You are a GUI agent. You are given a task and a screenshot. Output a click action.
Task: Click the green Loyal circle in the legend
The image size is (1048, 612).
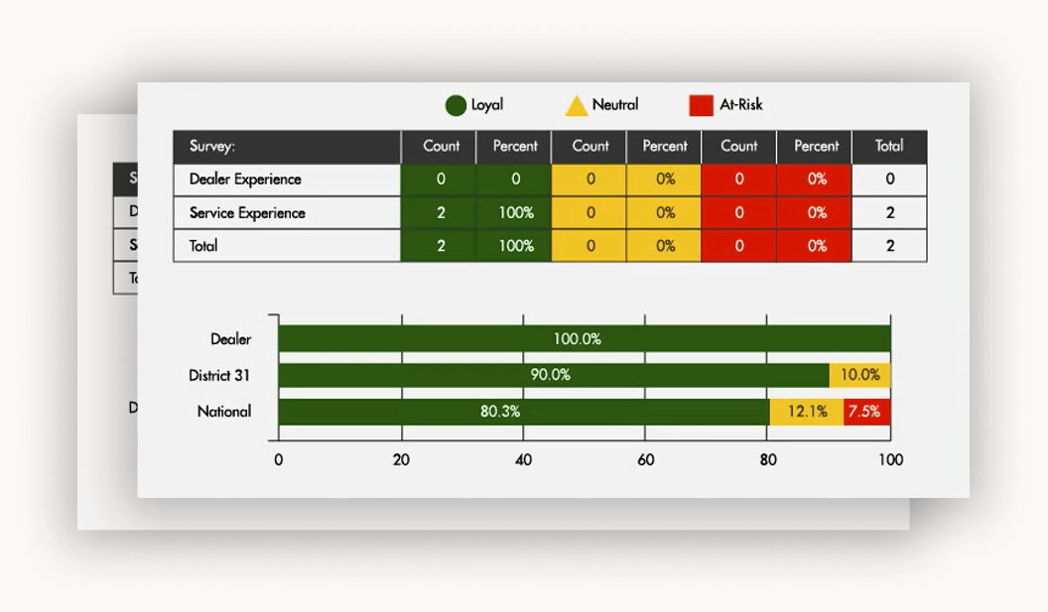pos(456,105)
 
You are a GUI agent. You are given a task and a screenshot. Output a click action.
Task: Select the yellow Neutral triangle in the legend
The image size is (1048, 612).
pos(577,106)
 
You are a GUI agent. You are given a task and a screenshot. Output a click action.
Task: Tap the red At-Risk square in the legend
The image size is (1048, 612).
pos(701,105)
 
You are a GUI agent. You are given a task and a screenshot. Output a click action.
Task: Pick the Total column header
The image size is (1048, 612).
pos(889,146)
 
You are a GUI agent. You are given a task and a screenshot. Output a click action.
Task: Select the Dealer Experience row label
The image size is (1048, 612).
pos(245,180)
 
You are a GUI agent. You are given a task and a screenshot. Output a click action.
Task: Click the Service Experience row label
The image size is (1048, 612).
pos(247,213)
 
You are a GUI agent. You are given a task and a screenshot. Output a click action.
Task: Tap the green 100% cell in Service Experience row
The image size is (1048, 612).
pos(516,213)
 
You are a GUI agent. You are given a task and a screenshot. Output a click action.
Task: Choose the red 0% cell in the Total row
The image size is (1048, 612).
pos(817,246)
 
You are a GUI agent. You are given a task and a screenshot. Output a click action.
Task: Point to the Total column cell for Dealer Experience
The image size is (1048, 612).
pos(889,180)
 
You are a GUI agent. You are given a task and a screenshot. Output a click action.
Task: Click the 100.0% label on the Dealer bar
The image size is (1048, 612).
pos(578,339)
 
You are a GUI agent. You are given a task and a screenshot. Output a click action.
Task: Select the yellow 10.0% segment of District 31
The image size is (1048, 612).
pos(860,375)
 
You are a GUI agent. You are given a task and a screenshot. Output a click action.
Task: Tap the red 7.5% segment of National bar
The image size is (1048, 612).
pos(866,412)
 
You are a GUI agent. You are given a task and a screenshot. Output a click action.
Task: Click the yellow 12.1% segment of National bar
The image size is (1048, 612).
pos(807,412)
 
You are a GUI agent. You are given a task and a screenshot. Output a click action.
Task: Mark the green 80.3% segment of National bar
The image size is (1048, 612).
pos(501,412)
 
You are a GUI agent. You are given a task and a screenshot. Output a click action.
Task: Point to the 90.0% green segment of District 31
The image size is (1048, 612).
pos(551,375)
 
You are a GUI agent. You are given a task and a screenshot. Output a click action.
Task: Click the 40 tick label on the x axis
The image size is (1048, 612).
pos(524,460)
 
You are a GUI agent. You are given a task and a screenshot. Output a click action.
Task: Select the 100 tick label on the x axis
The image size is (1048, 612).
pos(890,460)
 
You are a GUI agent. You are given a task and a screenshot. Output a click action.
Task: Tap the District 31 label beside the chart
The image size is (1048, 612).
pos(219,376)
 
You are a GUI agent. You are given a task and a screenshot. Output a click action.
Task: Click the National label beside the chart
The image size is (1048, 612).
pos(224,412)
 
